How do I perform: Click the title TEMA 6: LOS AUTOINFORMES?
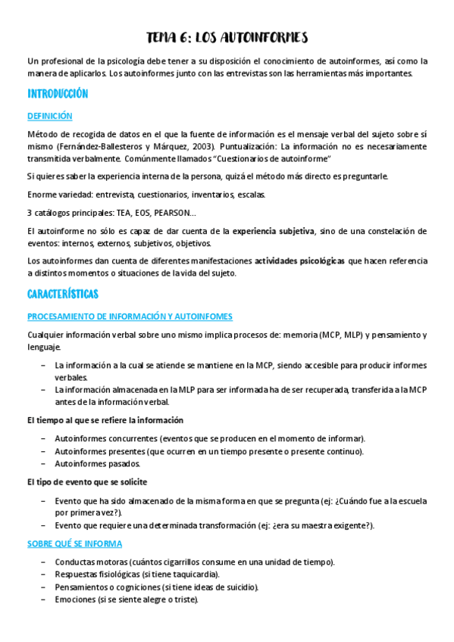click(227, 38)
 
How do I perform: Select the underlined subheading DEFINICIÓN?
click(49, 116)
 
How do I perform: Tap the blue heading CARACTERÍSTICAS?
click(63, 293)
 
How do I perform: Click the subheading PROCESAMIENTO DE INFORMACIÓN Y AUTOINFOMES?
click(130, 316)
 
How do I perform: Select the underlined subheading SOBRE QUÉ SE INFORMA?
click(74, 544)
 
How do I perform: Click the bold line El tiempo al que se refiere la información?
click(105, 420)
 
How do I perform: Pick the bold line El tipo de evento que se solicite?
click(86, 481)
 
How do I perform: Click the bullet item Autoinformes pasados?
click(97, 463)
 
